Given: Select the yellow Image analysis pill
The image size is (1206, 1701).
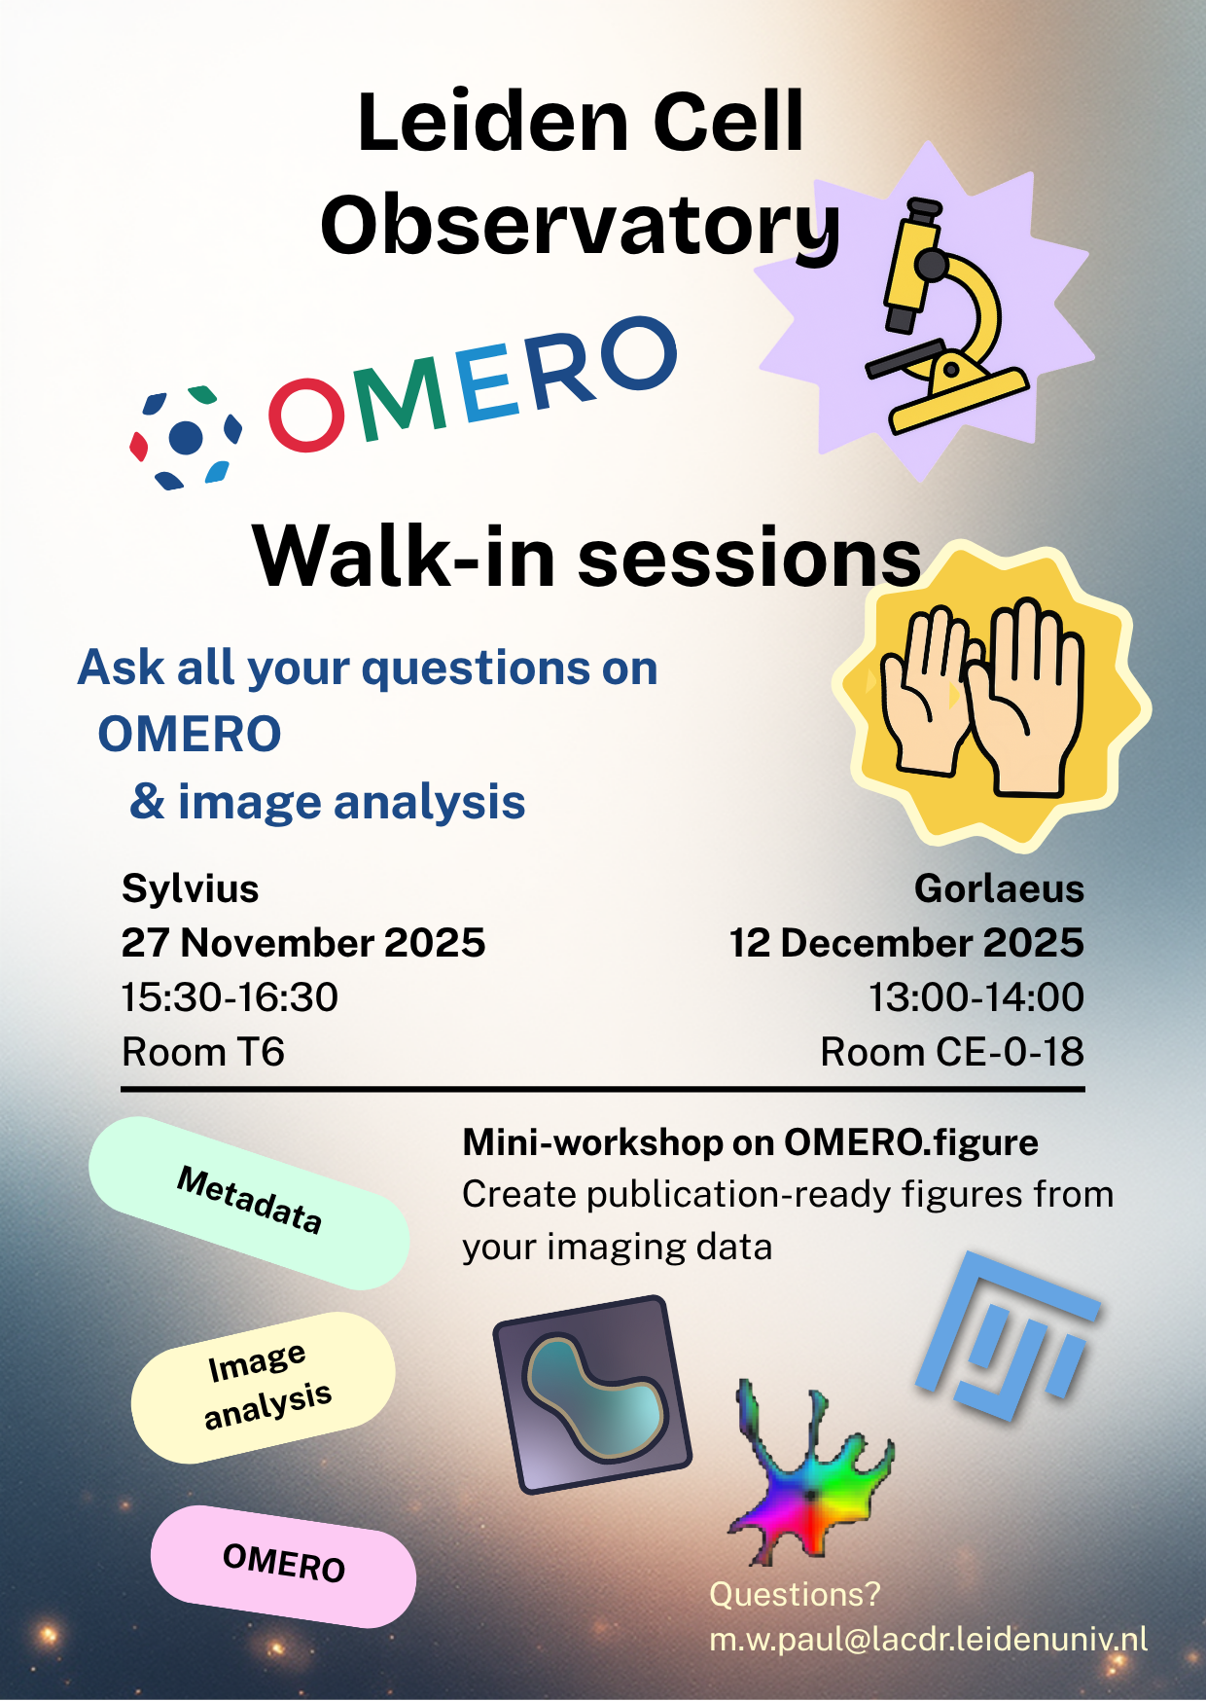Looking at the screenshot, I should pyautogui.click(x=265, y=1387).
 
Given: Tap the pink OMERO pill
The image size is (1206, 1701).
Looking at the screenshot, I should pyautogui.click(x=283, y=1565).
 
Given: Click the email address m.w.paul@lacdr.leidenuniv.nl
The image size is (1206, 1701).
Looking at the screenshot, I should pyautogui.click(x=928, y=1640).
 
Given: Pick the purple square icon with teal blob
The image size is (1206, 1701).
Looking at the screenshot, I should pyautogui.click(x=592, y=1393).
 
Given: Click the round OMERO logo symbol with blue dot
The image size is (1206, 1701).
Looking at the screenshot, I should pyautogui.click(x=186, y=437).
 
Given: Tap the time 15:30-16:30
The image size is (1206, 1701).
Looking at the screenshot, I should pyautogui.click(x=230, y=997).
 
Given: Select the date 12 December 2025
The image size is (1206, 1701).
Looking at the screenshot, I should pyautogui.click(x=906, y=943).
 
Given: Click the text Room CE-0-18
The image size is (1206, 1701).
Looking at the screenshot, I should pyautogui.click(x=951, y=1052).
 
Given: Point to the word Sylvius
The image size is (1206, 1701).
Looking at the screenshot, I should pyautogui.click(x=191, y=888).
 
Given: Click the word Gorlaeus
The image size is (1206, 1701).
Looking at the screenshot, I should pyautogui.click(x=999, y=888).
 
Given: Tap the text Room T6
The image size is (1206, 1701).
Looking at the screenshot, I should pyautogui.click(x=203, y=1052).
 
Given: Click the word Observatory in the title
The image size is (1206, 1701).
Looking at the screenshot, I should pyautogui.click(x=580, y=226).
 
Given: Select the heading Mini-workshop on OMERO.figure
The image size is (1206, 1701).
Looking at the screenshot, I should pyautogui.click(x=750, y=1142).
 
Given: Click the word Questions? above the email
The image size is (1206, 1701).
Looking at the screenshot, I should pyautogui.click(x=795, y=1594).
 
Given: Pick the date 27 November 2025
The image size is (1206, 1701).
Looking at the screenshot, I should pyautogui.click(x=303, y=943).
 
